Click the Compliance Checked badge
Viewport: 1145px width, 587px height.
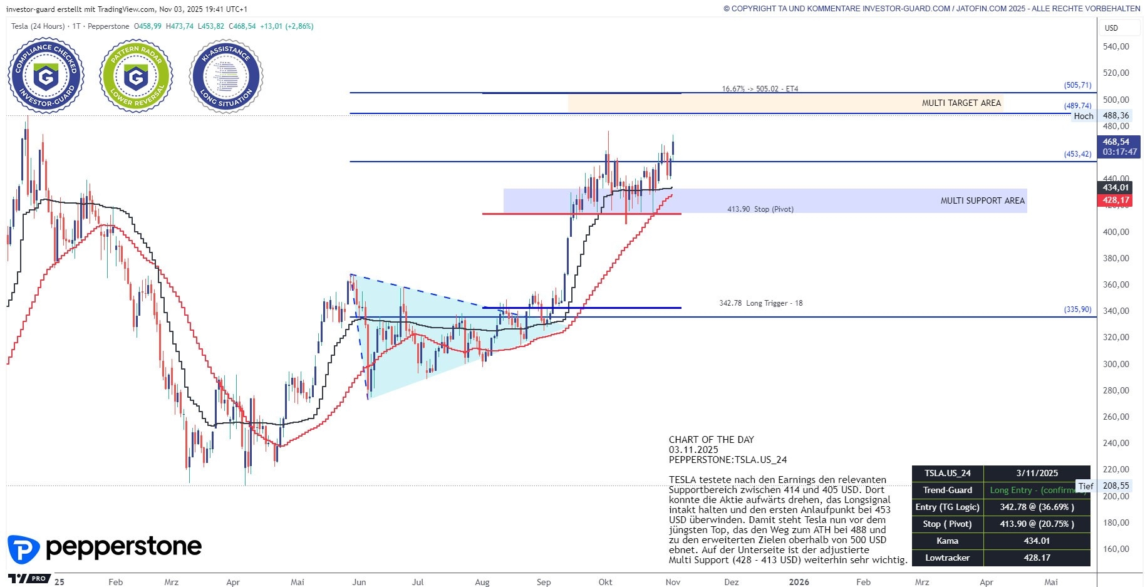click(x=46, y=76)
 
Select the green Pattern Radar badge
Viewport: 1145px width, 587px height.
click(x=136, y=76)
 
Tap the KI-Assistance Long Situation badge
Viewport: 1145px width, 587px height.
click(x=226, y=76)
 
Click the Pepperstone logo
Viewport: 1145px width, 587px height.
click(x=105, y=548)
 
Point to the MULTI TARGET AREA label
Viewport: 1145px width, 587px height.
click(x=961, y=103)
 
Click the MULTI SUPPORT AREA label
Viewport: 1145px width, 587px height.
click(x=982, y=200)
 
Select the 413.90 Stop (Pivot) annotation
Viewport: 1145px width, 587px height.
click(x=760, y=209)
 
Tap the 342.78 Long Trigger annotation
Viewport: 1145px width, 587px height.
click(x=760, y=303)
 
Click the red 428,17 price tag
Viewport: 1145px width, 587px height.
click(x=1116, y=200)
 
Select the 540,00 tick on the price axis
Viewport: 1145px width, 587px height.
click(x=1116, y=46)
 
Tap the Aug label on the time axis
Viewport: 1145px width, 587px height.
click(x=482, y=582)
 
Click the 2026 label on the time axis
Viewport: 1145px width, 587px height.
click(x=799, y=582)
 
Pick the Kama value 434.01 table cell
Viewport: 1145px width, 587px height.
click(x=1037, y=541)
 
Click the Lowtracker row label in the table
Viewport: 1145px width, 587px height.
click(x=947, y=558)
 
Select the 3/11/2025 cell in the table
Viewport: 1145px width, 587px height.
click(x=1037, y=473)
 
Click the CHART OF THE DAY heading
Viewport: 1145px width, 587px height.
click(x=711, y=440)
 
